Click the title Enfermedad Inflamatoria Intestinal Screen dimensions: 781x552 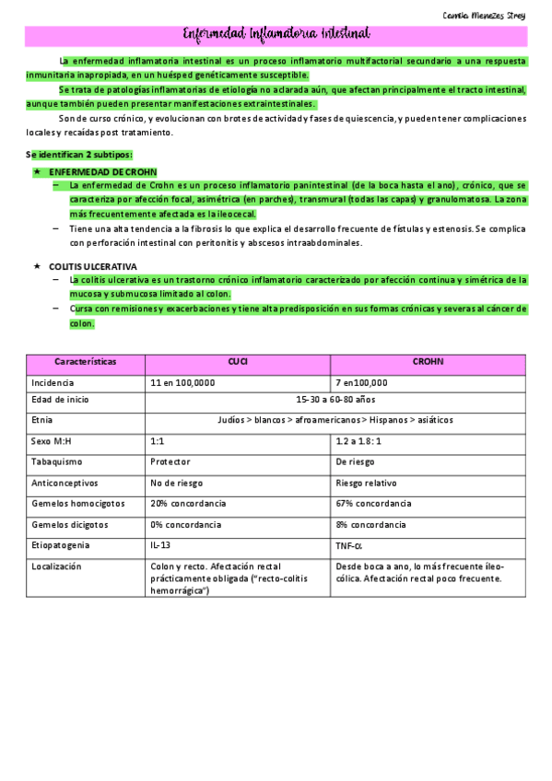[276, 35]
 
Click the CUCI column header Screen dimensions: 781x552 [238, 362]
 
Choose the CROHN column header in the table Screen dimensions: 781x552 [428, 362]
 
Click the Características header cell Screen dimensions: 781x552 [86, 362]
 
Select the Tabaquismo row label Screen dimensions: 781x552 [57, 461]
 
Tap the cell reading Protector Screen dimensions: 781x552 [170, 461]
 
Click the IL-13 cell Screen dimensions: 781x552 [160, 545]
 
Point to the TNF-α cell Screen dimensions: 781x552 [349, 545]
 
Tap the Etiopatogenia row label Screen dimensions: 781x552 [61, 545]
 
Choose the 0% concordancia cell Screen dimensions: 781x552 [185, 524]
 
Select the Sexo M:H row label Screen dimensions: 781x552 [51, 440]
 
